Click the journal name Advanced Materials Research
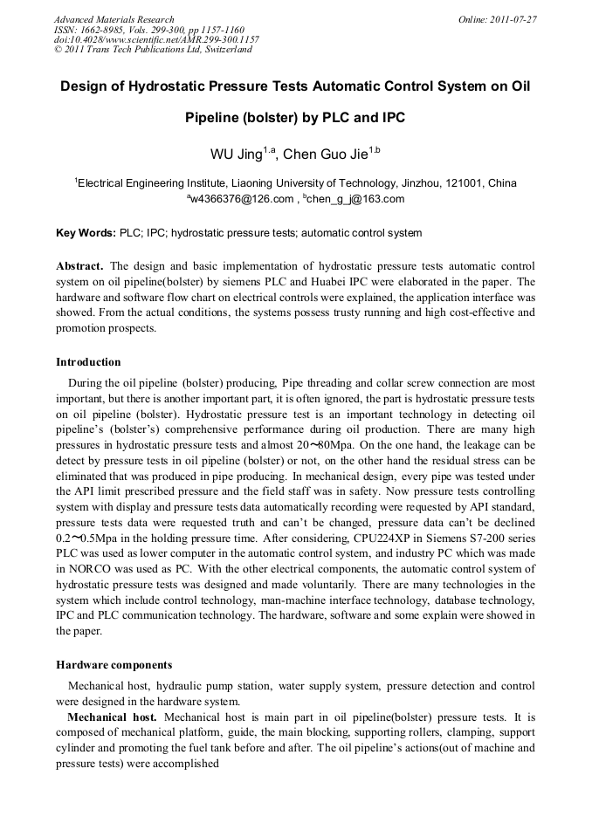pos(114,19)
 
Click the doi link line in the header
pos(157,39)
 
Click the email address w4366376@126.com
pos(242,199)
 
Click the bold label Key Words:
pos(86,233)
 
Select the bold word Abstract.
pos(79,265)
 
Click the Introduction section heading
pos(88,361)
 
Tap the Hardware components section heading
pos(114,665)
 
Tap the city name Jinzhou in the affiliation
pos(418,183)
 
